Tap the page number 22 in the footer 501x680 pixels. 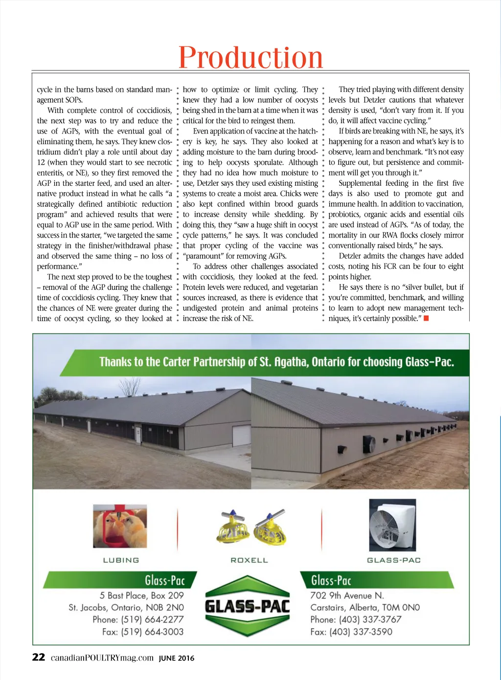[39, 658]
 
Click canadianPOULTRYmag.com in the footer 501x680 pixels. [102, 658]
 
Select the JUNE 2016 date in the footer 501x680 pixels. [176, 658]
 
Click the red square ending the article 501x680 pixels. [426, 319]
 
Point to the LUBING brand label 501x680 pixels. [121, 560]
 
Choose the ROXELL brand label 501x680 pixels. [250, 560]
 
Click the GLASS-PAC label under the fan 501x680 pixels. [394, 560]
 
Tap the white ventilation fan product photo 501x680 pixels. [392, 525]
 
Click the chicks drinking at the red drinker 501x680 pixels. [120, 527]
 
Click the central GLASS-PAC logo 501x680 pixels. [248, 607]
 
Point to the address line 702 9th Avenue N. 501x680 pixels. [347, 595]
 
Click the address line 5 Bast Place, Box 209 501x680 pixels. [142, 595]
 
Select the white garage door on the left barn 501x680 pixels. [241, 435]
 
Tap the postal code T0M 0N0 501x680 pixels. [401, 608]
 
